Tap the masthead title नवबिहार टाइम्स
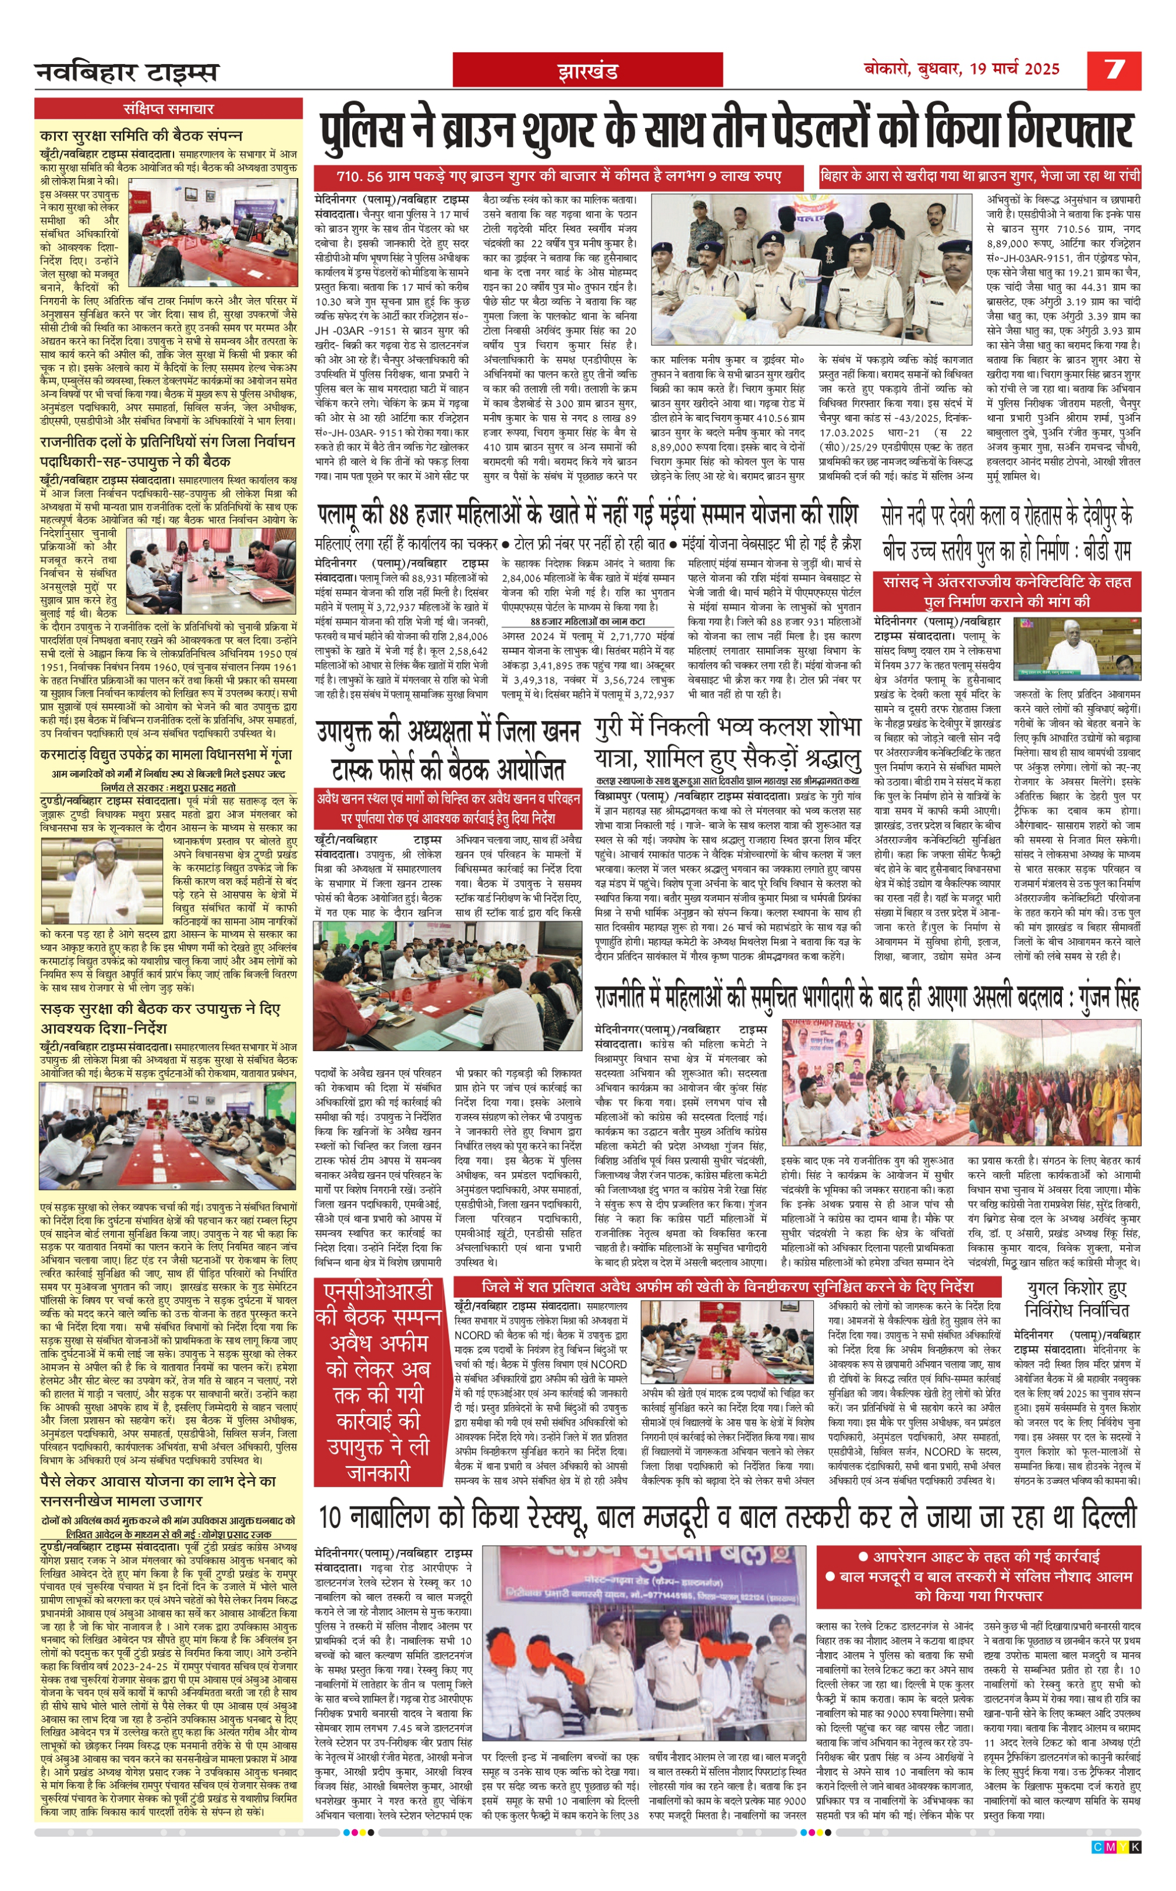127,72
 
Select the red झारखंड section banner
587,72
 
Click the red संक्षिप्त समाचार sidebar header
168,109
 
